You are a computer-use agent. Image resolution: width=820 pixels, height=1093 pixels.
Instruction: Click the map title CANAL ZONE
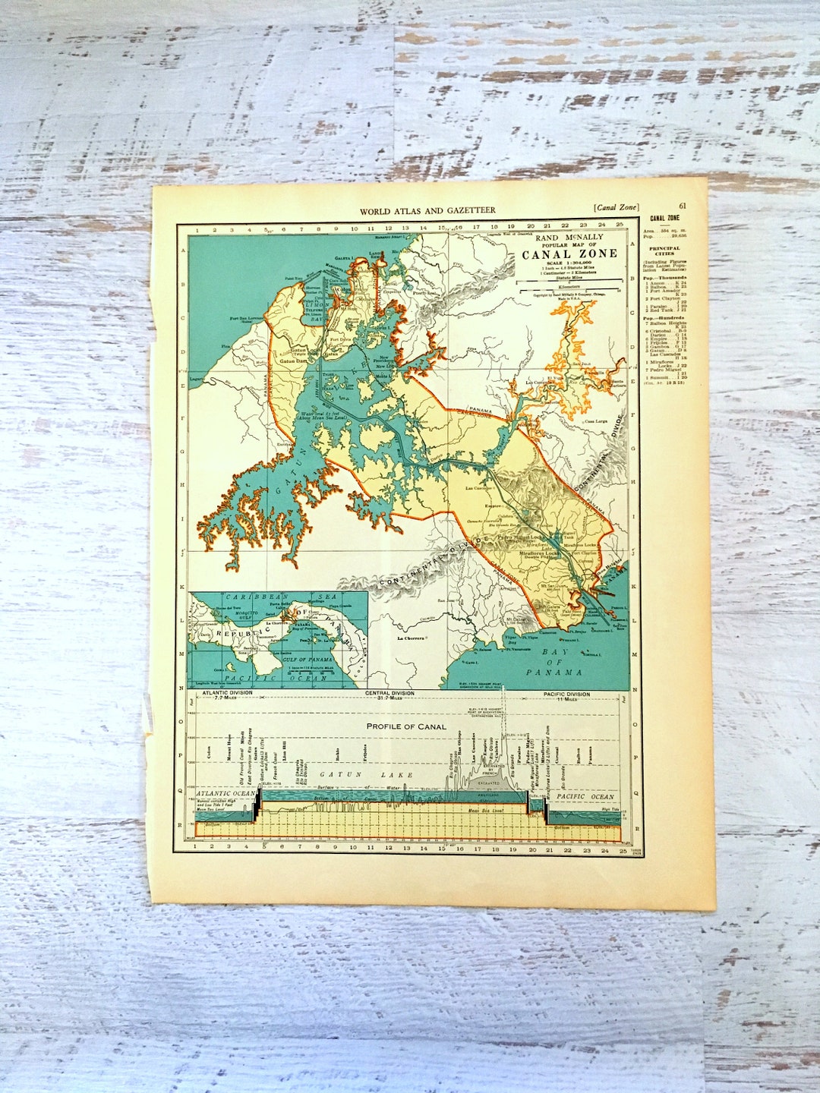pyautogui.click(x=569, y=254)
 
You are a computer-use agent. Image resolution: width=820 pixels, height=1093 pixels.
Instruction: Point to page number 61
pyautogui.click(x=683, y=206)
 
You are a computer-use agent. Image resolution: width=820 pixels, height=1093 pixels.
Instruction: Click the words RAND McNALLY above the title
pyautogui.click(x=569, y=238)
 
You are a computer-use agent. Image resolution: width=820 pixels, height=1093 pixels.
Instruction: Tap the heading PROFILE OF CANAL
pyautogui.click(x=406, y=726)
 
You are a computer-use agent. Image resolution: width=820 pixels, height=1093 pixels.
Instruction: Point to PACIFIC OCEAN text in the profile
pyautogui.click(x=585, y=796)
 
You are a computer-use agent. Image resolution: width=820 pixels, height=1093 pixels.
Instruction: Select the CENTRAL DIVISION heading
pyautogui.click(x=389, y=694)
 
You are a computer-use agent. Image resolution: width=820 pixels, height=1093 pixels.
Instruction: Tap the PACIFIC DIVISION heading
pyautogui.click(x=566, y=694)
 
